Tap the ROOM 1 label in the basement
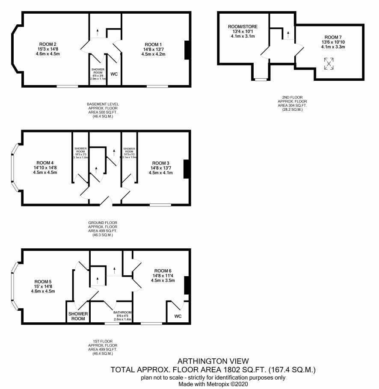coord(154,44)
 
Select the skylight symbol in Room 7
coord(329,64)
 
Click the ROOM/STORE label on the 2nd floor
coord(243,27)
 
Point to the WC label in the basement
coord(114,74)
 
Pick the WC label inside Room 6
coord(178,316)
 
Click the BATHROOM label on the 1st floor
coord(122,312)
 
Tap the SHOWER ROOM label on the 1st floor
coord(78,316)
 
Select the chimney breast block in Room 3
coord(187,169)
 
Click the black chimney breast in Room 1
coord(188,50)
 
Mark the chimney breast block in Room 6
coord(187,285)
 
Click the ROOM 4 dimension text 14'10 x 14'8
coord(45,168)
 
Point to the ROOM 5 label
coord(43,282)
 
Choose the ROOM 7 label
coord(333,37)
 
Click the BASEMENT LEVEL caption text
coord(103,104)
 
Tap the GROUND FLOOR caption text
coord(103,223)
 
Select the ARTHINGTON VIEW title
coord(213,361)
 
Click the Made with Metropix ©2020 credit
coord(213,384)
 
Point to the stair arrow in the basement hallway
coord(97,32)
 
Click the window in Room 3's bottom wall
coord(160,205)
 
